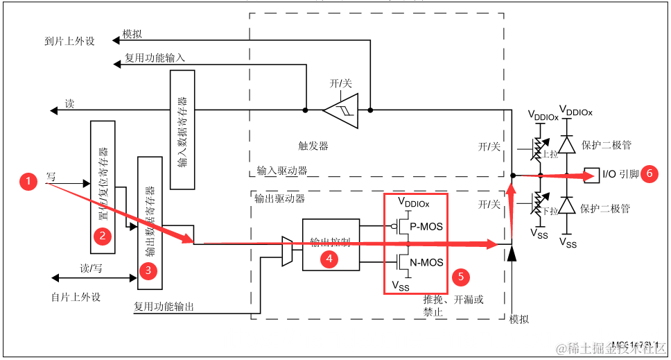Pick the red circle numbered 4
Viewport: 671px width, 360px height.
pos(328,259)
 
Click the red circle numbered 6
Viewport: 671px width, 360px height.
pos(649,173)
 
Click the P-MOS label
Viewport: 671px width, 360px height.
pos(426,226)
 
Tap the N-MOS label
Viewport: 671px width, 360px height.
pos(426,262)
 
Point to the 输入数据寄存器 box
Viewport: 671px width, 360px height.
pos(182,130)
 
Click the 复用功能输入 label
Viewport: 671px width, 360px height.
pos(155,58)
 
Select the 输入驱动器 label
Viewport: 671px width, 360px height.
pos(281,170)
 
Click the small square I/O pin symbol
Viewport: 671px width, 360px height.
pos(591,173)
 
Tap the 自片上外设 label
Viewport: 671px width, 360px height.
pos(76,297)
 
